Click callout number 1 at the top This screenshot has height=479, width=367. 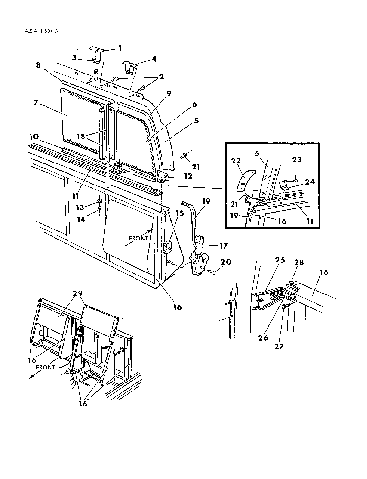point(120,48)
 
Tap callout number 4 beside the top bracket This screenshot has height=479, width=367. point(153,59)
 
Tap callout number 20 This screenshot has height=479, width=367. point(226,262)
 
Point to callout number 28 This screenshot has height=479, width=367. point(299,262)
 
